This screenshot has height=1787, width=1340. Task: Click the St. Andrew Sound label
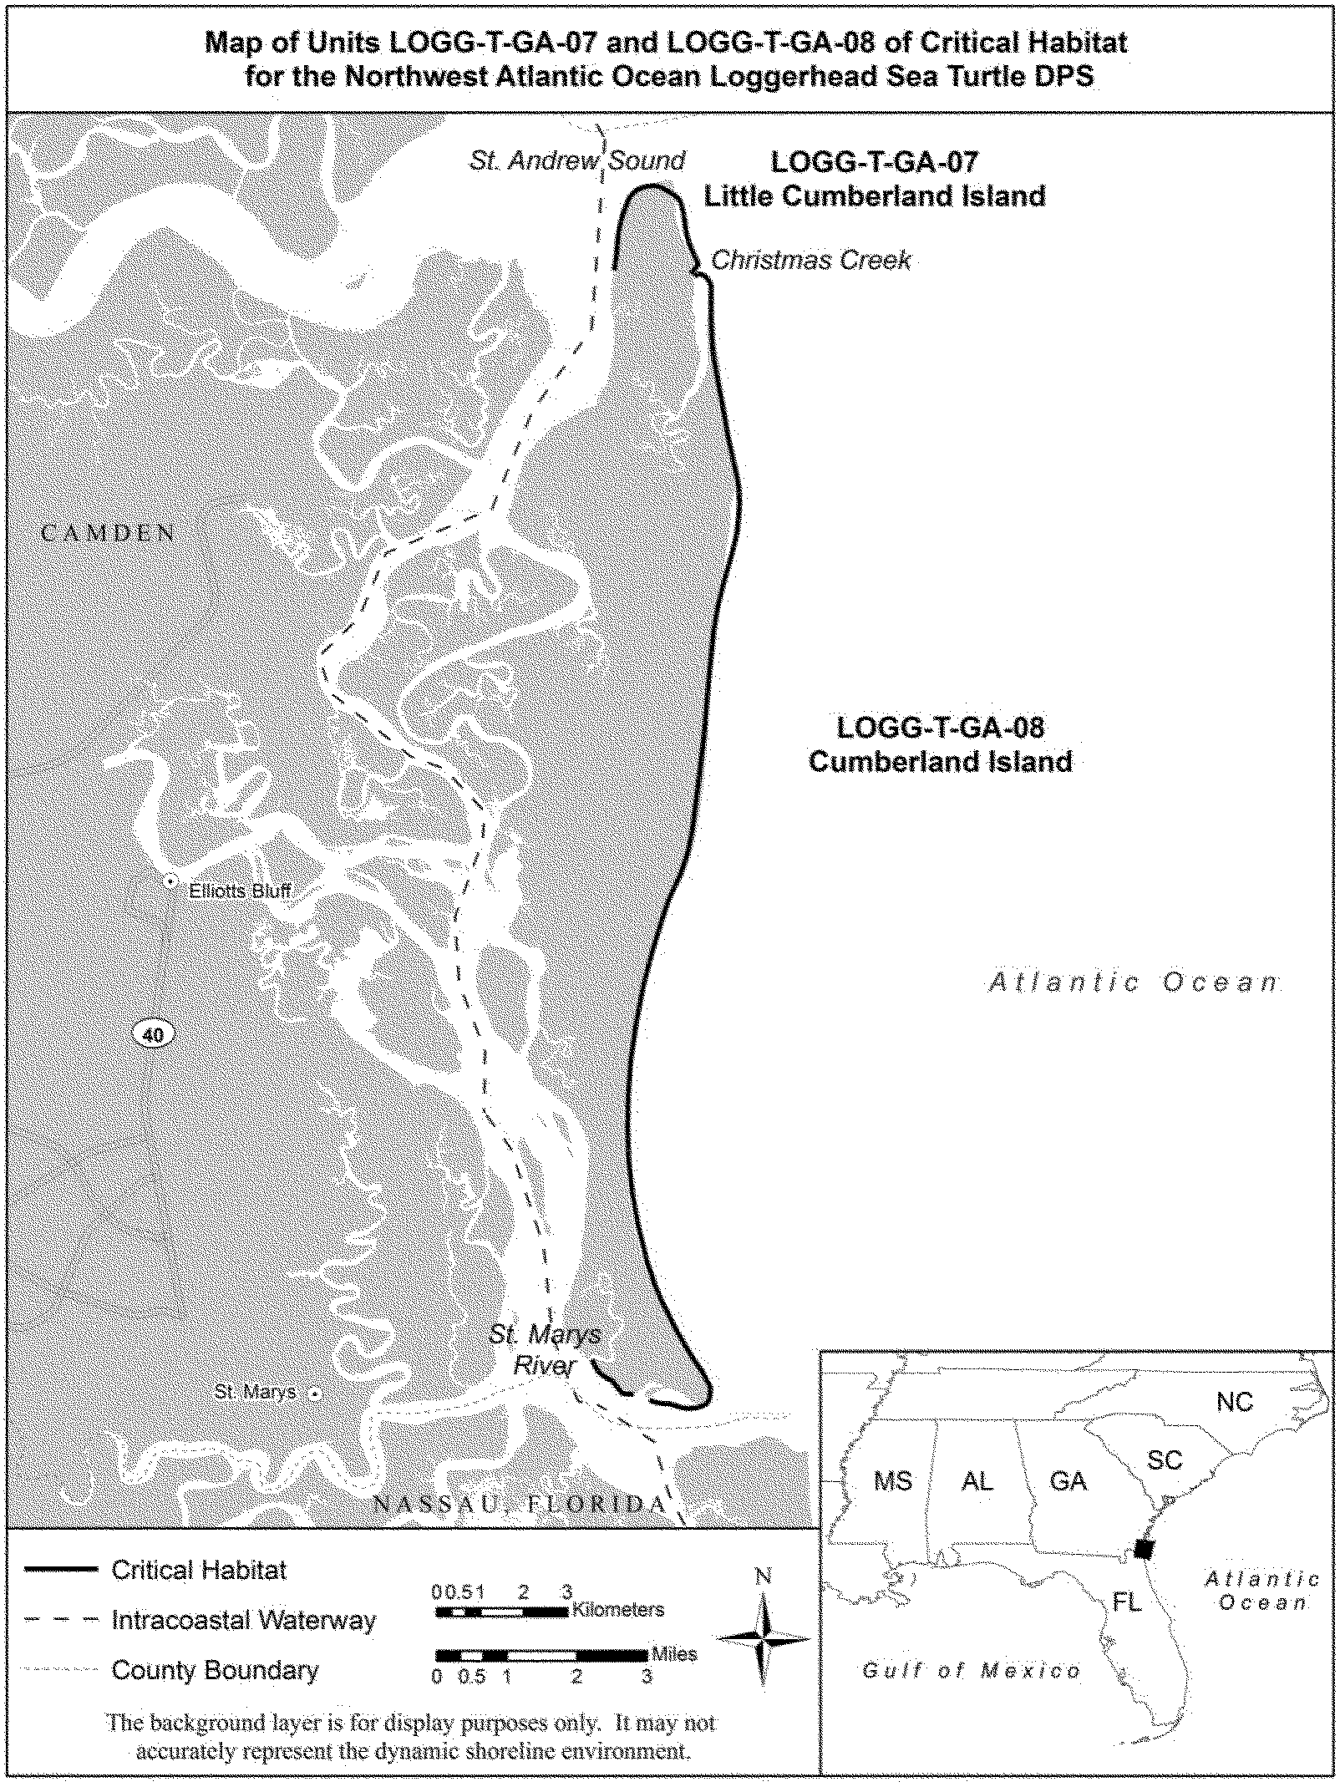pos(576,160)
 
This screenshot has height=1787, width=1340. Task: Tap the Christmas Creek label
pos(810,261)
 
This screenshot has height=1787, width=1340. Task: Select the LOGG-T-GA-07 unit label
pos(874,161)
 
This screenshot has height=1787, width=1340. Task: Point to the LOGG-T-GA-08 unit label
pos(941,727)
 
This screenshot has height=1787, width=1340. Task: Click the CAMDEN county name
pos(109,533)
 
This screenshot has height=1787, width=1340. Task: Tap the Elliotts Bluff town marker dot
pos(170,881)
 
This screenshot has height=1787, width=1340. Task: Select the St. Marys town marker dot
pos(315,1394)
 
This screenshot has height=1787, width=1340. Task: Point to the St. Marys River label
pos(545,1350)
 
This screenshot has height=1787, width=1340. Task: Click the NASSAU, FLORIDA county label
pos(519,1505)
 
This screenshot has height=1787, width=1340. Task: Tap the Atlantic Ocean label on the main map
pos(1134,982)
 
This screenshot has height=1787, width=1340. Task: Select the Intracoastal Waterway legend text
pos(243,1620)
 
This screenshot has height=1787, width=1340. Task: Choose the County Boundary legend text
pos(215,1670)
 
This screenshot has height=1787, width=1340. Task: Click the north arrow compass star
pos(764,1638)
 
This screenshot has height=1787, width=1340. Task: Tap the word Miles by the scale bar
pos(673,1654)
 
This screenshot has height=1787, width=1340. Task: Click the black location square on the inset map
pos(1145,1549)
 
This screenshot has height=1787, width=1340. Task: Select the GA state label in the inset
pos(1068,1481)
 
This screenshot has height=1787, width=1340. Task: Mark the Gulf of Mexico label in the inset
pos(972,1671)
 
